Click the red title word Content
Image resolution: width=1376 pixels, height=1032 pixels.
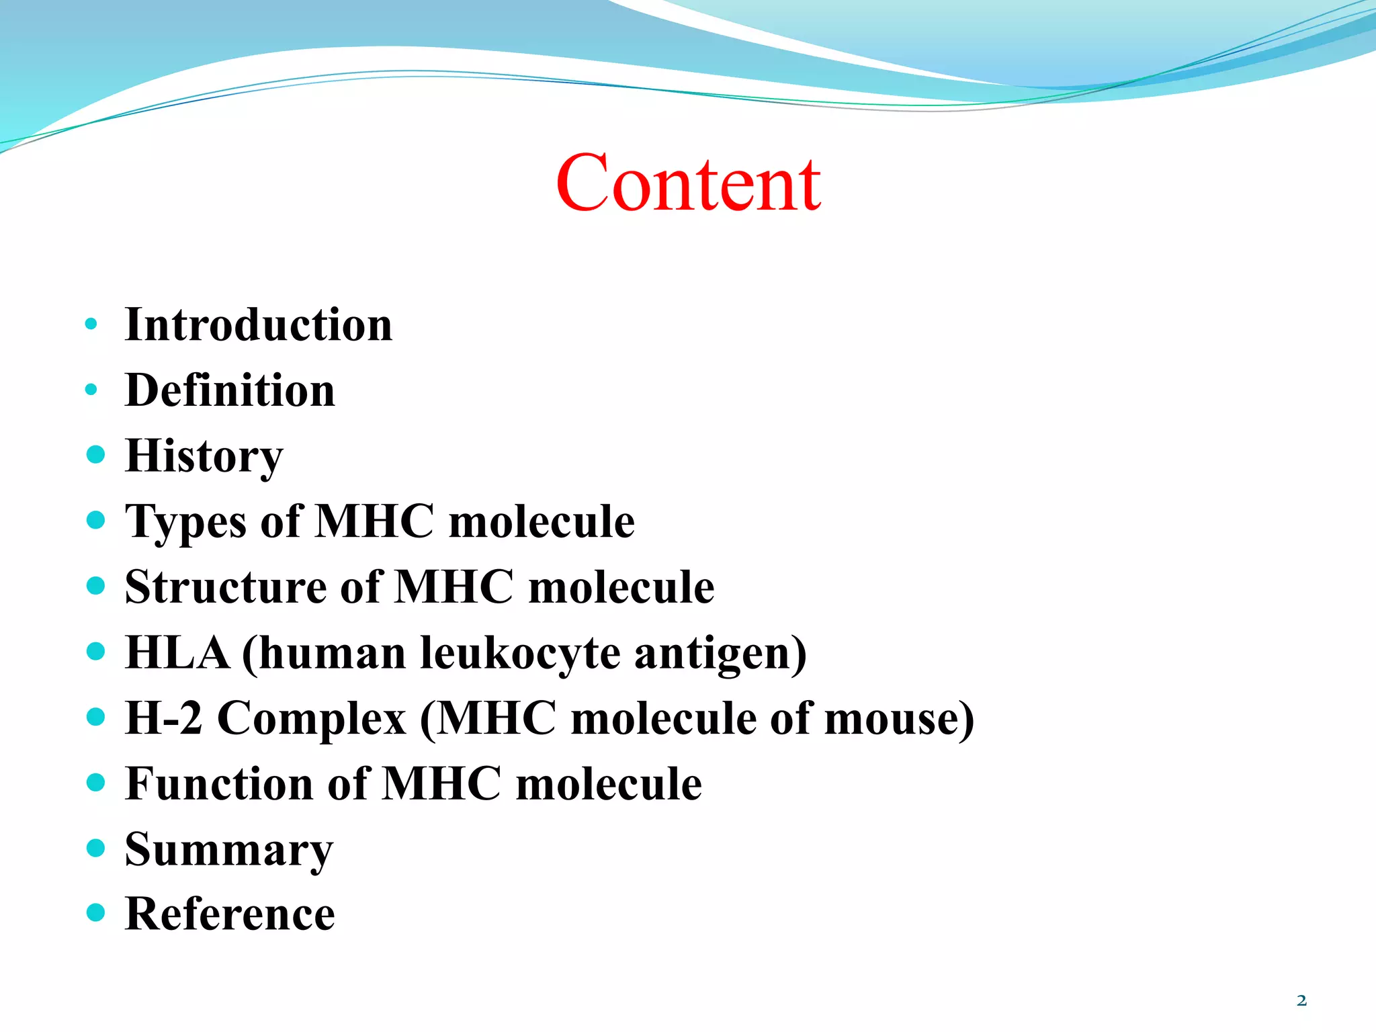pos(688,183)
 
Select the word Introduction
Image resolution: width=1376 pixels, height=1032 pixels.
pos(259,325)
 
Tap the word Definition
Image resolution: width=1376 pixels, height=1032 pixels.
pos(230,390)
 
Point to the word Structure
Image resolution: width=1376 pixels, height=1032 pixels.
pos(226,587)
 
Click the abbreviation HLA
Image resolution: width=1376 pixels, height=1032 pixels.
pos(177,652)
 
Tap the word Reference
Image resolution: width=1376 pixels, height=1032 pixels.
pos(230,914)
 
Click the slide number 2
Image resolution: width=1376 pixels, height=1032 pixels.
pos(1301,1001)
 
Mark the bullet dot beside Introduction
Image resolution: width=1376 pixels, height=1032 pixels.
pos(91,325)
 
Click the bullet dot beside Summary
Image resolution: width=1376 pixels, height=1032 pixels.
pos(96,848)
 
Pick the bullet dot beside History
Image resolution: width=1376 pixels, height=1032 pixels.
pos(96,455)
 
